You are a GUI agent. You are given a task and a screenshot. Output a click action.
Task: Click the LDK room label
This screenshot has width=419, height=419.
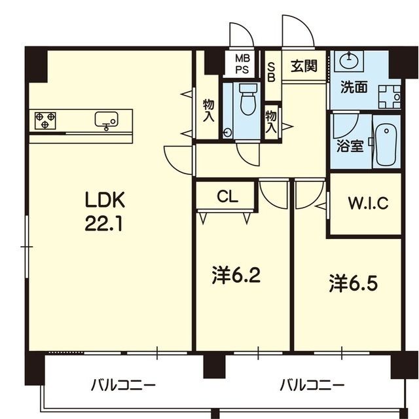[105, 200]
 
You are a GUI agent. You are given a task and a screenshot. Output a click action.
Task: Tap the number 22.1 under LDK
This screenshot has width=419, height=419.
[104, 223]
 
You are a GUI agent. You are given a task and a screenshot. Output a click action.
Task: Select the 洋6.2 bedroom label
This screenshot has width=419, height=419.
[236, 275]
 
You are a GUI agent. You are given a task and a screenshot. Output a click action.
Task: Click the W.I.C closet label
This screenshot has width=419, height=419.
[368, 204]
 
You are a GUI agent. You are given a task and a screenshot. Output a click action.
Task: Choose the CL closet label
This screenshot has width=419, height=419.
[227, 196]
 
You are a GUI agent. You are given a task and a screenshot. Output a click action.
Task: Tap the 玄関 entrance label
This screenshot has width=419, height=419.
[304, 65]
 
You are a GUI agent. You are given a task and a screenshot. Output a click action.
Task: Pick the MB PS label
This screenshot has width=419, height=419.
[242, 64]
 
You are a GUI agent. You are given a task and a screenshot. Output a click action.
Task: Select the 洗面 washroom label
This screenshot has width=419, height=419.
[354, 87]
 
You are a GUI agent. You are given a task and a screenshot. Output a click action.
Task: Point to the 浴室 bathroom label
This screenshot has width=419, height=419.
[350, 146]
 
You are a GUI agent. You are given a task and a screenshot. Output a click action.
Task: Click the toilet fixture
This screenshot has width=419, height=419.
[248, 99]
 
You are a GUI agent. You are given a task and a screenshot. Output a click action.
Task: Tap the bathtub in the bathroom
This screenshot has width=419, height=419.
[386, 145]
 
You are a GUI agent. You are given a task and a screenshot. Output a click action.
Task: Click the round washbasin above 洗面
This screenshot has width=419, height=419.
[349, 61]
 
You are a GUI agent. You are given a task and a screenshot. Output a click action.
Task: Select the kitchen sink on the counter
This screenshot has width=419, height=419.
[106, 119]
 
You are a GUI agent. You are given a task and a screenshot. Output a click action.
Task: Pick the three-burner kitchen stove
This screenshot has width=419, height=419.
[45, 120]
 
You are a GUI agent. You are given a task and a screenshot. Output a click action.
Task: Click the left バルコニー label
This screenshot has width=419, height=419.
[123, 386]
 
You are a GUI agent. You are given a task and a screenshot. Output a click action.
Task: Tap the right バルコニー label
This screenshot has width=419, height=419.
[312, 386]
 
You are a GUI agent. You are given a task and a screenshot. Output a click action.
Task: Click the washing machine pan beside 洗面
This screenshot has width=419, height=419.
[390, 97]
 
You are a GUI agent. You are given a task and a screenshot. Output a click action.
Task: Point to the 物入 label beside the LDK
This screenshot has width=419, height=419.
[209, 110]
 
